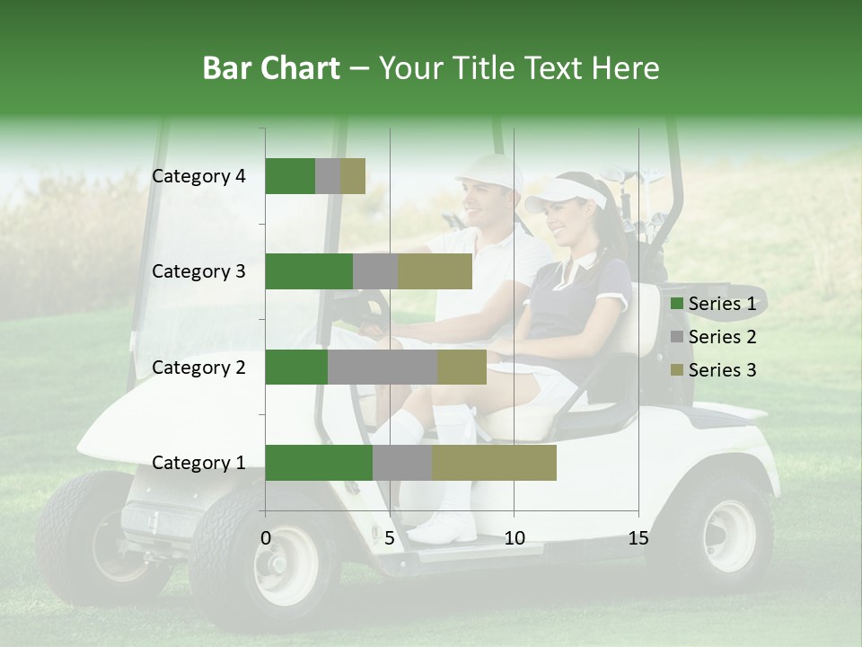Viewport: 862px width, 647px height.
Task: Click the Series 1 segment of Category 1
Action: point(319,463)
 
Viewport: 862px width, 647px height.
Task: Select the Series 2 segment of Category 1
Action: point(402,463)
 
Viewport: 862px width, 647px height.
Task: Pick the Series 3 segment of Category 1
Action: point(494,463)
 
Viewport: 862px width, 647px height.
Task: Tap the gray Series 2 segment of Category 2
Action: point(383,367)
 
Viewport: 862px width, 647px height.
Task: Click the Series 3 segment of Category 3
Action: point(435,271)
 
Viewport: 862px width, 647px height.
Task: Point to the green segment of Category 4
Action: point(290,176)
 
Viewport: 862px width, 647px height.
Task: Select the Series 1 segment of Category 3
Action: point(309,271)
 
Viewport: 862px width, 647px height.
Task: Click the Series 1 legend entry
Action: point(714,304)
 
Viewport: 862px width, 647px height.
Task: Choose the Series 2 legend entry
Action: point(714,337)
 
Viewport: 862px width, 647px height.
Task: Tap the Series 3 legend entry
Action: point(714,370)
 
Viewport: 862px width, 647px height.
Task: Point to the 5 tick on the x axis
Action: point(390,538)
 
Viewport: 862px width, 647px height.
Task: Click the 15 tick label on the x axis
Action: point(638,538)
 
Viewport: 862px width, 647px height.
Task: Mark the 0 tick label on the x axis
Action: point(266,538)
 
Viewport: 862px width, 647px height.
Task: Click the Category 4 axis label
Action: point(198,176)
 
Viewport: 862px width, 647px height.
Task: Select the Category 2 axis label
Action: point(198,367)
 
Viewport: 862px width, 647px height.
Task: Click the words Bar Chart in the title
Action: point(271,68)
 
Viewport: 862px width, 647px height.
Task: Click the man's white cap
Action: point(493,170)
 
